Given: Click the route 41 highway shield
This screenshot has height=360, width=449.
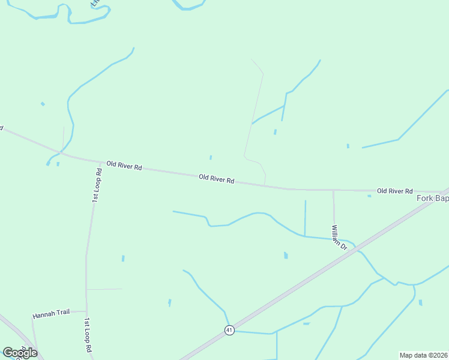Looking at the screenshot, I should tap(229, 330).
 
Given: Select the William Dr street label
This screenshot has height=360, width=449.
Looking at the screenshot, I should tap(339, 237).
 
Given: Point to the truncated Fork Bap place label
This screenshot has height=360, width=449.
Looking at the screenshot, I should tap(432, 198).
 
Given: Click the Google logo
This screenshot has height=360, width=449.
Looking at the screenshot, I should tap(20, 352).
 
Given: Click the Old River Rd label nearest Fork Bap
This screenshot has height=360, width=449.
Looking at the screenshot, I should tap(394, 191).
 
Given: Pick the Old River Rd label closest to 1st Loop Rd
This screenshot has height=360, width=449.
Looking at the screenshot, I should tap(124, 165).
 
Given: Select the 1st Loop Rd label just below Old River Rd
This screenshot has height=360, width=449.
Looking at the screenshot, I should tap(96, 185).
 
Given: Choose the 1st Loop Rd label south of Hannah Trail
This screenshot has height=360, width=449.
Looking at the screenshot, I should tap(88, 335).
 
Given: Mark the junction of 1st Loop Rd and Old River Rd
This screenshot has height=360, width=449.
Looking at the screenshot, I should tap(100, 162).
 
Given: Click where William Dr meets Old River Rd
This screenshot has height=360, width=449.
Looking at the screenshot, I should tap(334, 190).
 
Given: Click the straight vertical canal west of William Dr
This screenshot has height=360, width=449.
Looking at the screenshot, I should tap(305, 217).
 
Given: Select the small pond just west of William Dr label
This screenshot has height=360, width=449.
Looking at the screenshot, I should tap(286, 256).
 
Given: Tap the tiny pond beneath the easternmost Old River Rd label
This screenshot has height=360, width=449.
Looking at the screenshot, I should tap(369, 196).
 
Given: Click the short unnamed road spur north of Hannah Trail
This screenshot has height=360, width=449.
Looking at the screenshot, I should tap(104, 289).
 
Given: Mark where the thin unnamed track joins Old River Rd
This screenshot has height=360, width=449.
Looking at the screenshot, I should tap(265, 185).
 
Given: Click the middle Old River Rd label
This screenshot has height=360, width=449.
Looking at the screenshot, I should tap(216, 178).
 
